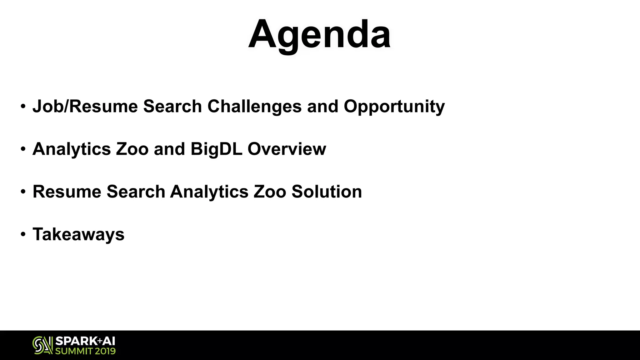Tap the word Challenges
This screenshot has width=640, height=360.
tap(254, 106)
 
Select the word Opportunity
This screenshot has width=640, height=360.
tap(394, 107)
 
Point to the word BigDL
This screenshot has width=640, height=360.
tap(216, 149)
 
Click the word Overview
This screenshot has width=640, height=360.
tap(287, 149)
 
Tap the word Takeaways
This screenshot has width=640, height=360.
tap(78, 234)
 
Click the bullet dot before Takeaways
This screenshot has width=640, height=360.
tap(23, 234)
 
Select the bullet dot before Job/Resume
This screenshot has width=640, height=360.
tap(23, 106)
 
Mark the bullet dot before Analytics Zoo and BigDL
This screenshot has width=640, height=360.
tap(23, 149)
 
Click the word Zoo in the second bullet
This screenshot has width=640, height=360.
tap(132, 149)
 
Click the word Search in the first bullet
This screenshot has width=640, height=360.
tap(172, 106)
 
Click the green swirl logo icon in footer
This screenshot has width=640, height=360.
tap(42, 345)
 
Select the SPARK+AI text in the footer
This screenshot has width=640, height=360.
tap(85, 341)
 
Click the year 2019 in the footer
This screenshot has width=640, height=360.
tap(105, 351)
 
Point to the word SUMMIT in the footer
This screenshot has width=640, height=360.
tap(73, 351)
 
